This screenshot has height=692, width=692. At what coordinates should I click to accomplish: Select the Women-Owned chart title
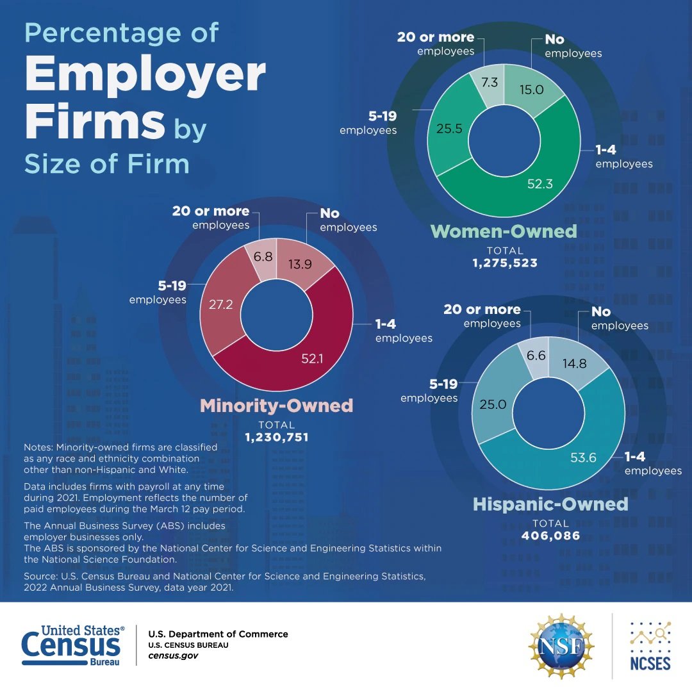pyautogui.click(x=503, y=231)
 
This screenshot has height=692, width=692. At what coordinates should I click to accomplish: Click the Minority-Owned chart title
pyautogui.click(x=276, y=406)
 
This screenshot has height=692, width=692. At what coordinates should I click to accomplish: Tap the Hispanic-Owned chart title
pyautogui.click(x=550, y=504)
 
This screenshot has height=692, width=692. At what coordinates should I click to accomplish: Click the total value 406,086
pyautogui.click(x=550, y=536)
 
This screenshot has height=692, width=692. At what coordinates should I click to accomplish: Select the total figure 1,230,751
pyautogui.click(x=276, y=438)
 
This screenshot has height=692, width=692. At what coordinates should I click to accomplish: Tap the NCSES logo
pyautogui.click(x=650, y=646)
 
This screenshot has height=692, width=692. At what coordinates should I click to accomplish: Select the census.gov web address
pyautogui.click(x=172, y=656)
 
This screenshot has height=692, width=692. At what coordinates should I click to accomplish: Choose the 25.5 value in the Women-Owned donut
pyautogui.click(x=449, y=128)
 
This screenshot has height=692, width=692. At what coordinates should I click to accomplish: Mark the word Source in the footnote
pyautogui.click(x=40, y=577)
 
